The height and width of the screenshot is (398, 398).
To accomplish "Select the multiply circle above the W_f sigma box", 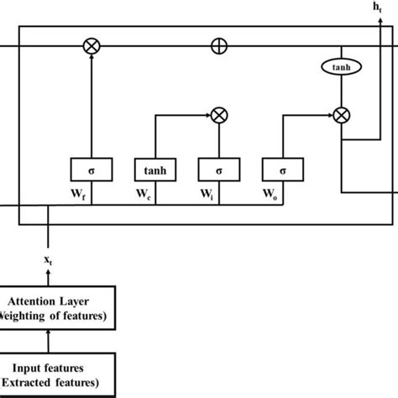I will (91, 47).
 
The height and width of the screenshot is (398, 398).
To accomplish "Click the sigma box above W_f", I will (90, 170).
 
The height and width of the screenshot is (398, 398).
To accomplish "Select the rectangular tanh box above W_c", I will (153, 170).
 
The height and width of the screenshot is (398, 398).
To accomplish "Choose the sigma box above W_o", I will (280, 170).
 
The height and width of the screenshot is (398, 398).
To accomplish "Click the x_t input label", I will (50, 262).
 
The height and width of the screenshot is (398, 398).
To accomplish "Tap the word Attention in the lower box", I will (34, 300).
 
